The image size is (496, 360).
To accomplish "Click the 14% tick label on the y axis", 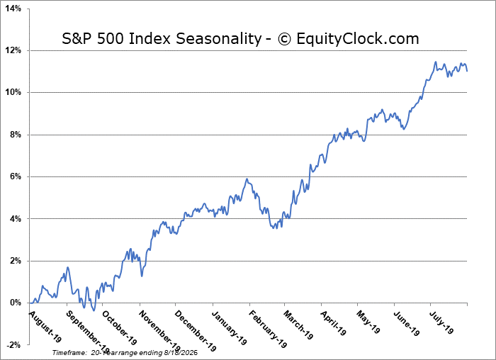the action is (x=13, y=9).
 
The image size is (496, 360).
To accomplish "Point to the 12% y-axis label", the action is (x=13, y=50).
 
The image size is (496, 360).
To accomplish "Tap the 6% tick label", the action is (x=15, y=176).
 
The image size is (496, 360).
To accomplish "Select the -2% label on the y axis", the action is (x=13, y=344).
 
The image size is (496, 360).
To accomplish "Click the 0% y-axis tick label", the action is (x=15, y=303).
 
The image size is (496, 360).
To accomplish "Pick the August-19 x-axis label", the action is (x=45, y=327).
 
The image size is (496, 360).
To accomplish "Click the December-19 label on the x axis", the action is (x=196, y=331).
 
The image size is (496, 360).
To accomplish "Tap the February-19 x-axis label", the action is (x=268, y=329).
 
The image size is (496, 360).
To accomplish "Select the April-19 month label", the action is (x=334, y=322).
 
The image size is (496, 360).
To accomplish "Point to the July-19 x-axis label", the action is (x=441, y=322).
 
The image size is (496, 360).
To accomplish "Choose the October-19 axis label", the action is (x=120, y=327).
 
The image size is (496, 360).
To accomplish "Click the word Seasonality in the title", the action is (x=218, y=39).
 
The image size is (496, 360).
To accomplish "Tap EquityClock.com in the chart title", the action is (x=358, y=38).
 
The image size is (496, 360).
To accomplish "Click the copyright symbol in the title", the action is (x=284, y=39).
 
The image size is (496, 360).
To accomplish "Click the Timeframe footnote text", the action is (x=125, y=352).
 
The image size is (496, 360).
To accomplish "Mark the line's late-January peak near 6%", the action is (x=247, y=179).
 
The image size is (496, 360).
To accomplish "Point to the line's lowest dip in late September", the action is (x=94, y=310).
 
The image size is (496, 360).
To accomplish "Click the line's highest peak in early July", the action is (x=436, y=62).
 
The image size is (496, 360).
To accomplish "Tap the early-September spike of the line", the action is (x=67, y=267).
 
